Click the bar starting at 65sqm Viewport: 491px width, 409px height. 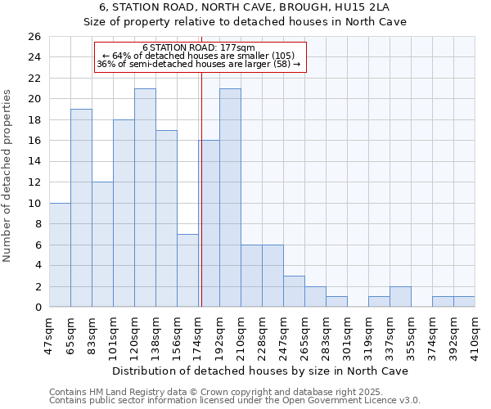[x=81, y=208]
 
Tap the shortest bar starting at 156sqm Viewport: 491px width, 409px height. [x=187, y=271]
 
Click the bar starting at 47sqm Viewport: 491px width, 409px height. [x=60, y=254]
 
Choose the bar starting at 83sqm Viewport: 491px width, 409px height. [x=102, y=245]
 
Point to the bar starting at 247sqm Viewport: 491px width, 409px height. [x=294, y=291]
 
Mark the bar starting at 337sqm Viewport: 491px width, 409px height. [x=400, y=297]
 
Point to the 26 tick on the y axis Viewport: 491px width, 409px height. [x=34, y=37]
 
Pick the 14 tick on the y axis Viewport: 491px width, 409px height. [x=34, y=162]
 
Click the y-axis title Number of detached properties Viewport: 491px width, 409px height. [x=8, y=172]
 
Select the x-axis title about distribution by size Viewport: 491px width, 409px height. [x=261, y=371]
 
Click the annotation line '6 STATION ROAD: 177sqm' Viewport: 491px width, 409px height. [x=199, y=47]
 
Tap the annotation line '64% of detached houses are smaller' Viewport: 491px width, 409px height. [x=199, y=56]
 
